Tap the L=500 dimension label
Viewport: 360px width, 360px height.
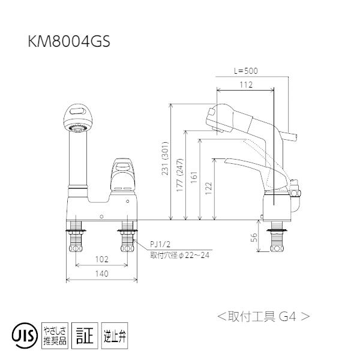tap(245, 71)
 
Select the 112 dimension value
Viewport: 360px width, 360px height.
tap(245, 85)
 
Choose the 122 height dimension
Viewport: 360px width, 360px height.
tap(208, 187)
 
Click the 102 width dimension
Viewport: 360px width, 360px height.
tap(101, 260)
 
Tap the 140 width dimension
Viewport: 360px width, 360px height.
tap(101, 274)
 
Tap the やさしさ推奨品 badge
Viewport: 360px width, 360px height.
tap(55, 334)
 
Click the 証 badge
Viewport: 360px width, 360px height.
tap(84, 334)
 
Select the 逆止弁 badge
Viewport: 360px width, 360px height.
tap(114, 334)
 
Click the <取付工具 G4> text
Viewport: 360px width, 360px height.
tap(263, 315)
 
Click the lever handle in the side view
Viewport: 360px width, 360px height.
tap(243, 162)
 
